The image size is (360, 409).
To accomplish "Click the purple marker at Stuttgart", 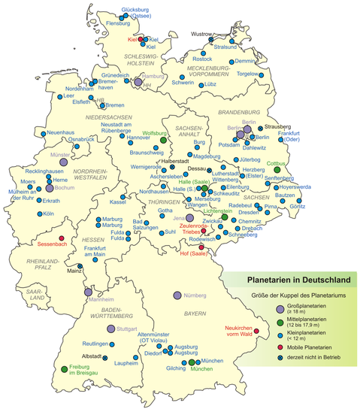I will [110, 329].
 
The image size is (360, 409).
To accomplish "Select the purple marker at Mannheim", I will [88, 292].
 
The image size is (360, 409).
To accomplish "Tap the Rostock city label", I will [202, 59].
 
